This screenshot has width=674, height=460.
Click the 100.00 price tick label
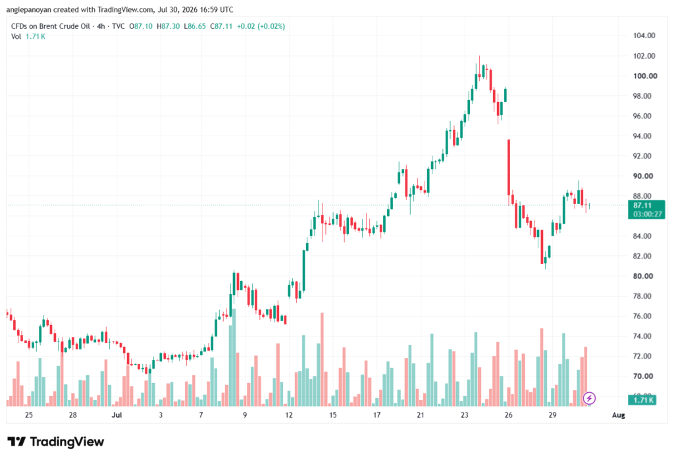click(x=645, y=76)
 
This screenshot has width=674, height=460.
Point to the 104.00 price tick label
click(x=644, y=36)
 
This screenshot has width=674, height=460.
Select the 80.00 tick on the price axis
click(x=643, y=276)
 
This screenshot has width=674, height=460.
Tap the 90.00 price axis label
click(x=643, y=176)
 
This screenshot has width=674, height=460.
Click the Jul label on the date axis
click(x=117, y=415)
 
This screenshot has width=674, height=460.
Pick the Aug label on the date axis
click(x=618, y=415)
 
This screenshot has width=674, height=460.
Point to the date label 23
click(x=464, y=415)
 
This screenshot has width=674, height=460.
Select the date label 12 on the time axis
click(x=289, y=415)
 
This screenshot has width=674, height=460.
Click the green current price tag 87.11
click(x=642, y=205)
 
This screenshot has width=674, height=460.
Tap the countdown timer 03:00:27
click(x=648, y=214)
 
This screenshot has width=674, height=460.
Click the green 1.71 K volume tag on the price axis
click(x=643, y=400)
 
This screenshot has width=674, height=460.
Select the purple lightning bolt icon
click(x=589, y=399)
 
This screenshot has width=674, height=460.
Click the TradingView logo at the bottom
click(x=56, y=442)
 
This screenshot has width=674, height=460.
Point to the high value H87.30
click(x=168, y=26)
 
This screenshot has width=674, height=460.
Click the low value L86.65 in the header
click(x=195, y=26)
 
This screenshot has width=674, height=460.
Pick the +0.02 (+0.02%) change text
click(x=261, y=26)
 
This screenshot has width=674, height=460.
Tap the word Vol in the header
click(x=16, y=37)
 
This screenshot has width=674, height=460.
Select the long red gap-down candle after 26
click(x=509, y=167)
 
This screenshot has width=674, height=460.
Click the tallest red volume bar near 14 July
click(x=322, y=359)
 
